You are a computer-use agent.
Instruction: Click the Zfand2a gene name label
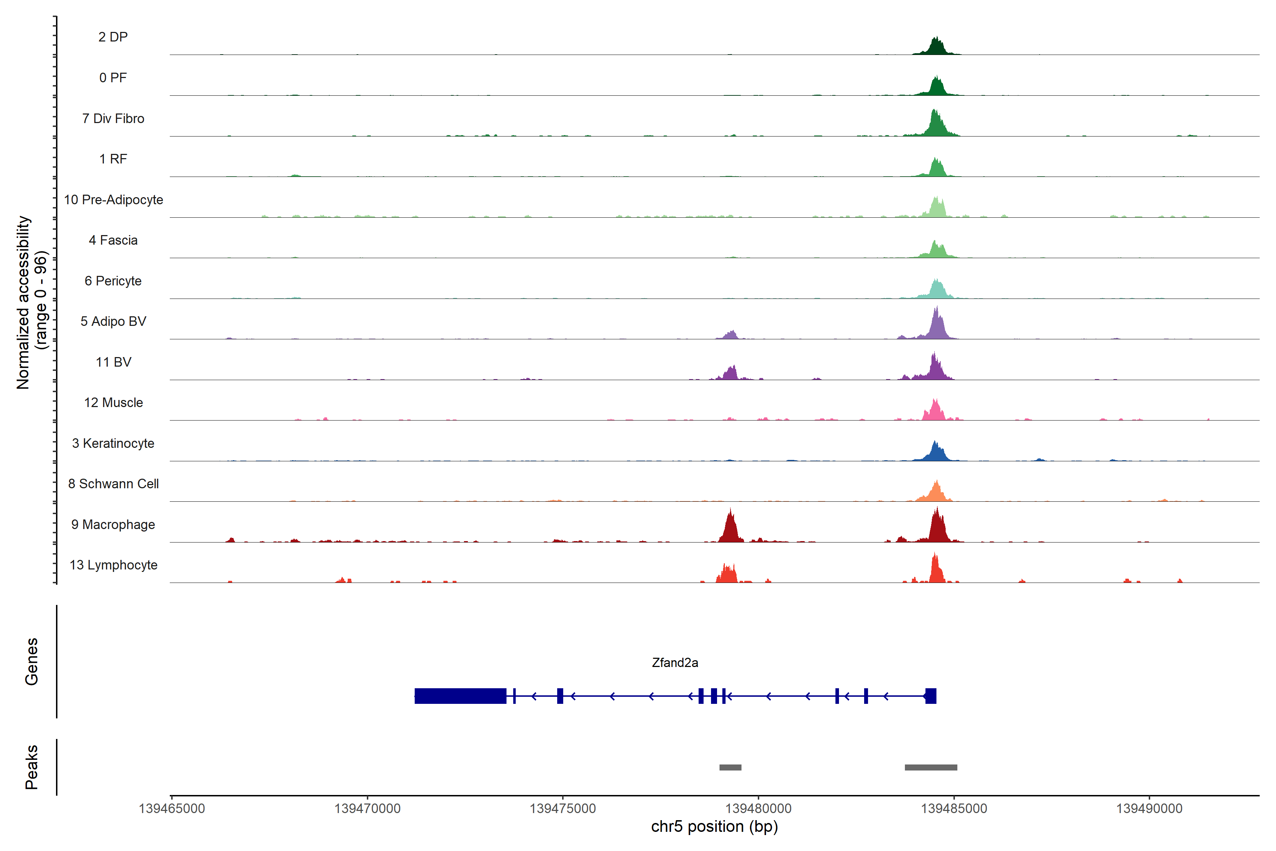675,663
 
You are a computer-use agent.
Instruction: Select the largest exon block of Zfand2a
460,696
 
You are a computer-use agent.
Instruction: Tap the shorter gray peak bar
730,767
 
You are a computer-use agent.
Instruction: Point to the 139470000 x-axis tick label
367,809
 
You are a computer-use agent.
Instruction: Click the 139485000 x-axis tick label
954,809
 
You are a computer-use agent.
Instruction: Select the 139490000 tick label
1149,809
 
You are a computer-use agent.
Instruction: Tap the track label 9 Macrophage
113,525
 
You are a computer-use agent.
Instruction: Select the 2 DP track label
113,37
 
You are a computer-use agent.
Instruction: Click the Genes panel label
32,662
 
